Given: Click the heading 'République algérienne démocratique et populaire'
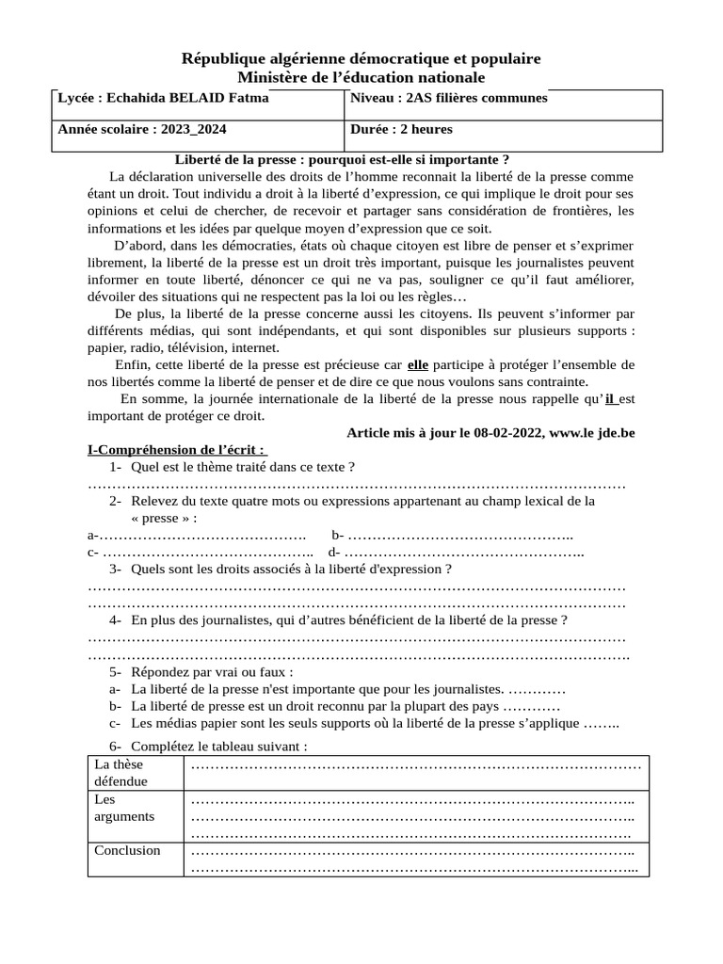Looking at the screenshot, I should (361, 59).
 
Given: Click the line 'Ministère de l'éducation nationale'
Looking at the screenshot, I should (361, 77).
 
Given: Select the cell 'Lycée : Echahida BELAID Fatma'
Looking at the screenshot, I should (164, 98).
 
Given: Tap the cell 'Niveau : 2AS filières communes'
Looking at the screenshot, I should (448, 98).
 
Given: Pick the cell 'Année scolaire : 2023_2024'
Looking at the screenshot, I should (142, 129).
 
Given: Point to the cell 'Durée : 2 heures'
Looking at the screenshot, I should (401, 129).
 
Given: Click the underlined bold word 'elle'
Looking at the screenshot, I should (418, 364).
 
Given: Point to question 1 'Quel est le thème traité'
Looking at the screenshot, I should (243, 467).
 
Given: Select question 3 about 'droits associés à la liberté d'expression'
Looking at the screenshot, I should (291, 570).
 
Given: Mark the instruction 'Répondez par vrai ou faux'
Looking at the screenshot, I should (212, 672).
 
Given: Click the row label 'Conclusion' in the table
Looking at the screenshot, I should (127, 850).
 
